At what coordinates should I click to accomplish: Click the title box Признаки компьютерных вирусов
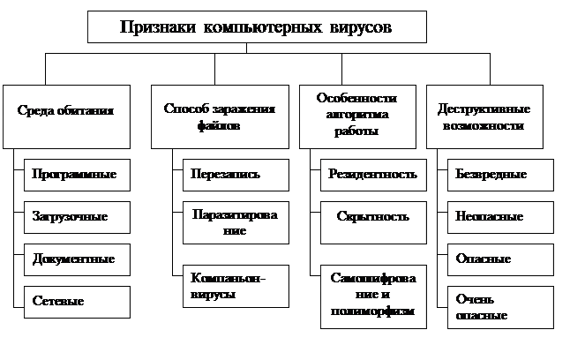[x=257, y=26]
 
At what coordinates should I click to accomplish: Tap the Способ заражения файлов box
[x=220, y=116]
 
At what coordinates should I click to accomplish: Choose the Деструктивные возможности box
[x=484, y=116]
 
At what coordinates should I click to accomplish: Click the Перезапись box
[x=236, y=174]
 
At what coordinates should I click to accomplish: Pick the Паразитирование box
[x=236, y=223]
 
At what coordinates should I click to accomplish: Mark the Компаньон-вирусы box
[x=236, y=287]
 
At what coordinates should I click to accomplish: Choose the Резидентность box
[x=371, y=174]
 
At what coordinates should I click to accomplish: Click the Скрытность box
[x=371, y=216]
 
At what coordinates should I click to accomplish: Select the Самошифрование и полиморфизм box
[x=371, y=296]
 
